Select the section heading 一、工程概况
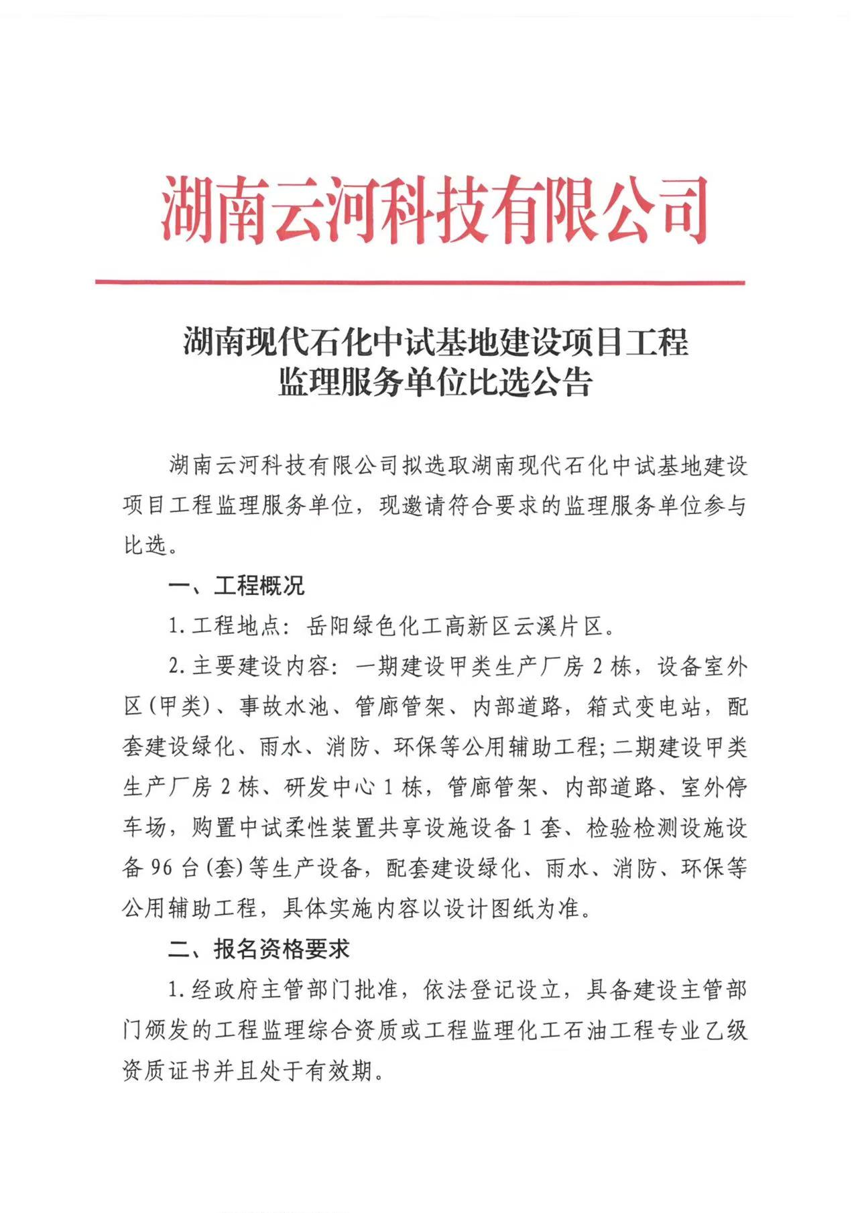pyautogui.click(x=237, y=586)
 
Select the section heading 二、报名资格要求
pyautogui.click(x=259, y=948)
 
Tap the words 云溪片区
pyautogui.click(x=558, y=627)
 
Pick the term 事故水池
pyautogui.click(x=284, y=707)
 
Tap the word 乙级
pyautogui.click(x=725, y=1029)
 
